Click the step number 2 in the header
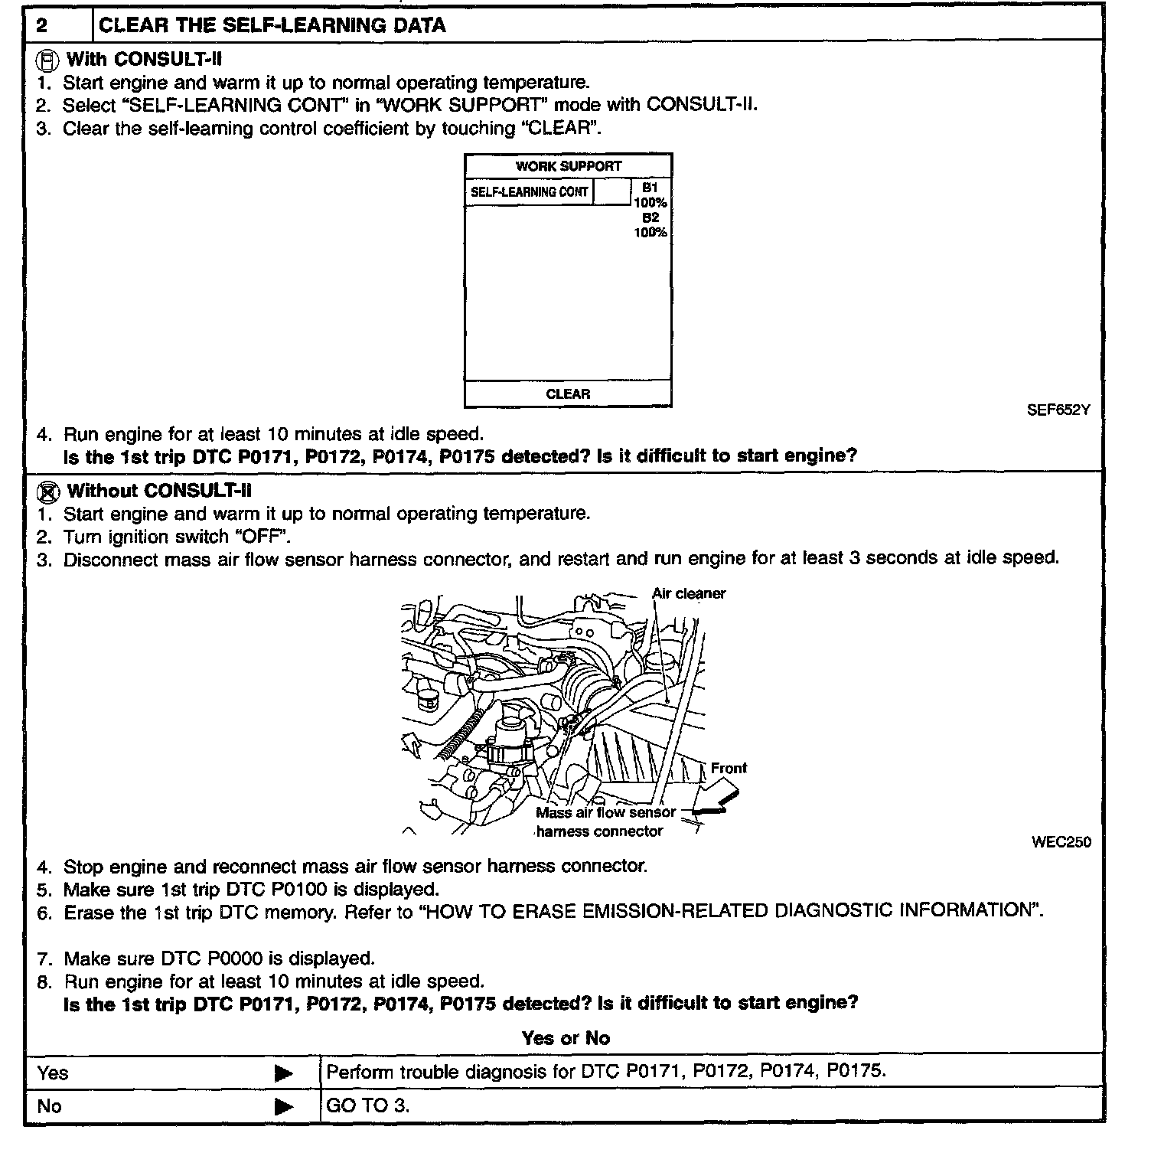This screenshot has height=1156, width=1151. pyautogui.click(x=42, y=25)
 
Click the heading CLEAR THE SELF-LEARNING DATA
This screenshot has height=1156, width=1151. pyautogui.click(x=272, y=25)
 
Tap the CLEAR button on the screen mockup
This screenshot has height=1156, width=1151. pyautogui.click(x=568, y=394)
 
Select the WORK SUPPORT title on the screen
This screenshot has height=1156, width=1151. pyautogui.click(x=568, y=166)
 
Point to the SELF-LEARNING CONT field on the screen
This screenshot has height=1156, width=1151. pyautogui.click(x=529, y=191)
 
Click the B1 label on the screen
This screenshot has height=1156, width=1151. pyautogui.click(x=650, y=188)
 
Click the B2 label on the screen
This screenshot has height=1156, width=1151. pyautogui.click(x=650, y=217)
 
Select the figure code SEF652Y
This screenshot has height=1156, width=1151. pyautogui.click(x=1058, y=410)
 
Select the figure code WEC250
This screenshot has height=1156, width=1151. pyautogui.click(x=1061, y=842)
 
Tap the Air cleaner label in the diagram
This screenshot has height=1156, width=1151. pyautogui.click(x=688, y=593)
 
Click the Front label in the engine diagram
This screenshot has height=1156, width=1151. pyautogui.click(x=728, y=768)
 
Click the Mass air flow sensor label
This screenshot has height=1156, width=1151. pyautogui.click(x=605, y=813)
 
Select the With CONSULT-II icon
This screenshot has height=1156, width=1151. pyautogui.click(x=47, y=59)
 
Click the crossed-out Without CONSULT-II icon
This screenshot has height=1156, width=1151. pyautogui.click(x=47, y=491)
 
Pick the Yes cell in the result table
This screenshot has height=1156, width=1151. pyautogui.click(x=52, y=1073)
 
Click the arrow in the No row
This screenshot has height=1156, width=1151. pyautogui.click(x=283, y=1106)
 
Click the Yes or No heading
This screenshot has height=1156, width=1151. pyautogui.click(x=566, y=1038)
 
